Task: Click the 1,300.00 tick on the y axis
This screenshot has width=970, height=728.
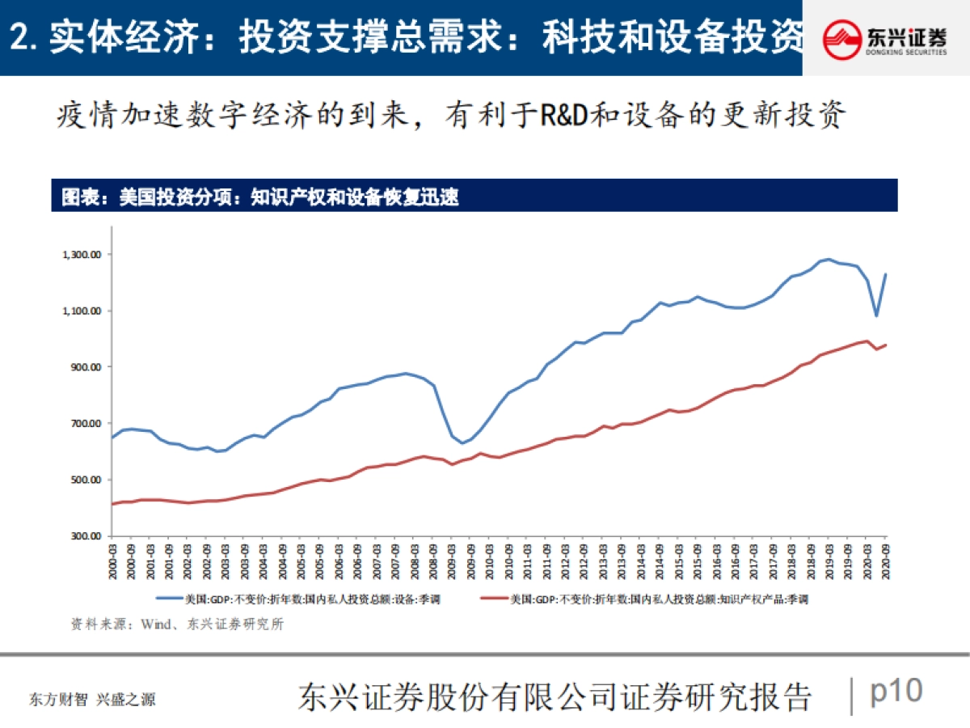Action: [84, 255]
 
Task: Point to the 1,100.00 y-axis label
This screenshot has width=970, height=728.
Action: [84, 311]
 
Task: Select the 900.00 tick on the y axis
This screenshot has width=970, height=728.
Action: [88, 367]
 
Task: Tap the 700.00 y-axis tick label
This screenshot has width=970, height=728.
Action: [88, 424]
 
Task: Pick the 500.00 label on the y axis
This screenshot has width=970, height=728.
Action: [88, 480]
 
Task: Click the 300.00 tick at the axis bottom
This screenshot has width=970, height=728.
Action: [88, 536]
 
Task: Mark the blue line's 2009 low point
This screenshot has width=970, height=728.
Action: [462, 443]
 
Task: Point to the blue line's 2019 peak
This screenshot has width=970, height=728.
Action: [829, 260]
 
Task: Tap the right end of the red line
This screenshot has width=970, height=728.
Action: [885, 345]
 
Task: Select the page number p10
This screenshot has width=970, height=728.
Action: [896, 692]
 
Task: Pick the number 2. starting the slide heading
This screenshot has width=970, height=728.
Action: [26, 37]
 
